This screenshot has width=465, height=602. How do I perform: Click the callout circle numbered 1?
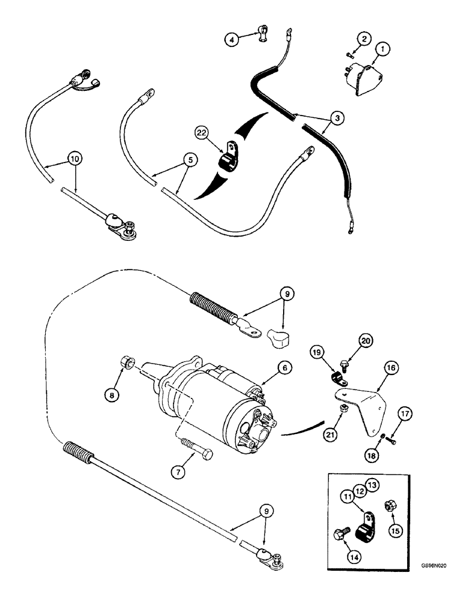tap(382, 48)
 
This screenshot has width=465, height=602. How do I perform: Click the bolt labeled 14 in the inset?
tap(342, 533)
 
